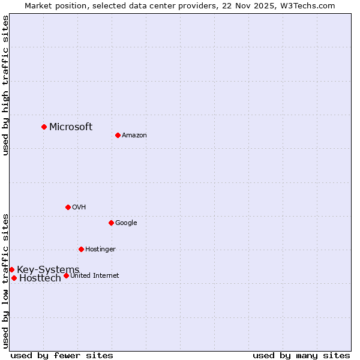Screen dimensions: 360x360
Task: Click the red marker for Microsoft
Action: pos(44,127)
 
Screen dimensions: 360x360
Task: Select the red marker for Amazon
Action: pos(118,135)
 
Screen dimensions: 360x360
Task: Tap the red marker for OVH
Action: pos(68,207)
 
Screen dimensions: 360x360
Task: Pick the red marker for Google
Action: pos(111,223)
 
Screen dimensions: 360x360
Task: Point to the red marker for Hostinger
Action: pos(81,249)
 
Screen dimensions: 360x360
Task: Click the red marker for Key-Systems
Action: pos(11,269)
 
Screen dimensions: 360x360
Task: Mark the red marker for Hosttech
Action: pos(14,278)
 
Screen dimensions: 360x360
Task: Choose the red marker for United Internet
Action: pos(66,275)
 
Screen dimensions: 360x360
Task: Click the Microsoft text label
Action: pos(71,127)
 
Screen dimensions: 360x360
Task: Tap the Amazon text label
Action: pos(134,135)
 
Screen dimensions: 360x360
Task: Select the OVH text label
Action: pos(79,207)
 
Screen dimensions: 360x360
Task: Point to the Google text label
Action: pos(126,223)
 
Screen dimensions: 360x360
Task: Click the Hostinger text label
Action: pos(100,249)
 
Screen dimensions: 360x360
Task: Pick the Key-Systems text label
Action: pos(48,269)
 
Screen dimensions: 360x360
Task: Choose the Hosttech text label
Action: pos(40,278)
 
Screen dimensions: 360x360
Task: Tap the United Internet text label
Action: pos(95,275)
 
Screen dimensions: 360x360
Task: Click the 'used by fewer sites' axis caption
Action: pos(62,355)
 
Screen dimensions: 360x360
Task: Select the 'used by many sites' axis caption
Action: pos(301,355)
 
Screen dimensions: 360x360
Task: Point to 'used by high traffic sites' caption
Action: pos(5,85)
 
